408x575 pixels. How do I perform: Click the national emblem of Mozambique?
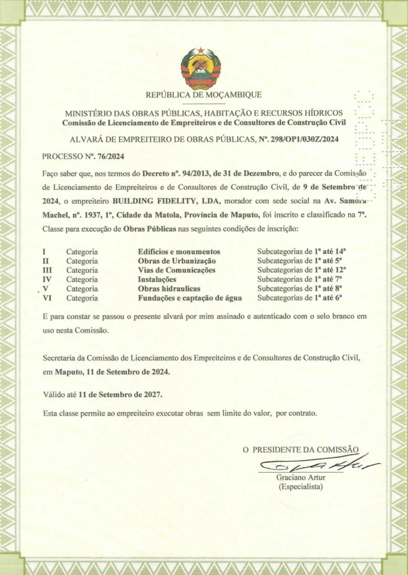point(200,69)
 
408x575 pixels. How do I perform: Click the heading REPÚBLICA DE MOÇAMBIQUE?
point(204,95)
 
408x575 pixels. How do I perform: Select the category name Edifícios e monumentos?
point(179,252)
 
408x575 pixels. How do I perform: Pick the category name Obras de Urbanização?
point(177,261)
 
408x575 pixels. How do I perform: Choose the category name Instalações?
point(157,279)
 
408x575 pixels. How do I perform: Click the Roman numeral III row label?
point(48,270)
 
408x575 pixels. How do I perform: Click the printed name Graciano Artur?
point(301,477)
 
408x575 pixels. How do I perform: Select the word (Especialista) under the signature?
point(301,486)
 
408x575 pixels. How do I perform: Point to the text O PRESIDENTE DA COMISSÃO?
point(300,450)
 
